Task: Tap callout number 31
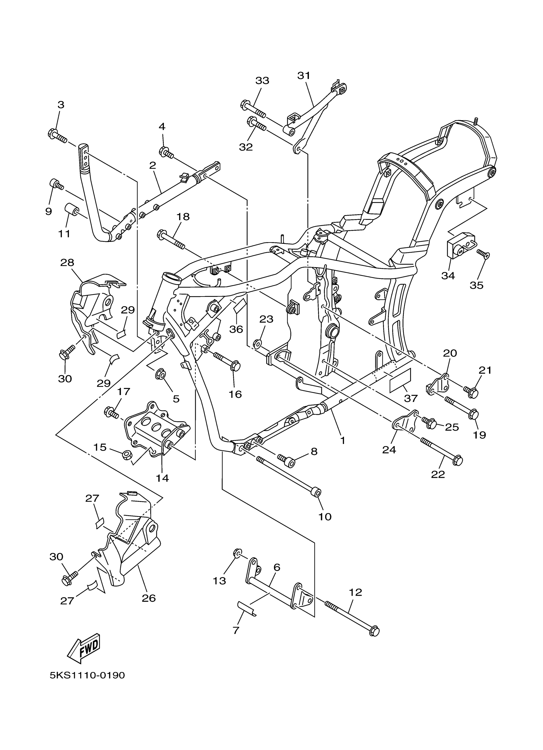coord(304,76)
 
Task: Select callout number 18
coord(183,217)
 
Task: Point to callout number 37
coord(411,398)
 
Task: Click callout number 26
coord(149,598)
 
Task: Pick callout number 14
coord(162,478)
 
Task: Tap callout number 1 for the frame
coord(342,440)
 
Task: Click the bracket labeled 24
coord(404,423)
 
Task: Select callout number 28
coord(67,263)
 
